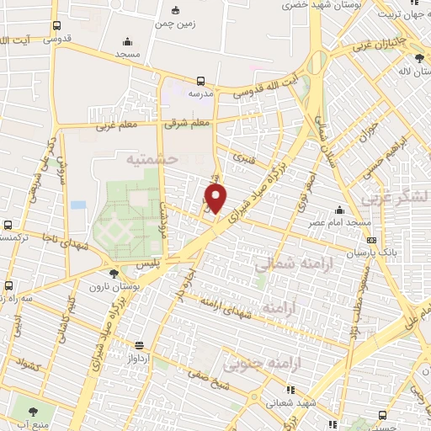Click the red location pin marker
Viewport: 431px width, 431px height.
pyautogui.click(x=216, y=199)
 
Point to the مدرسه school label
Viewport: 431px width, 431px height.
pyautogui.click(x=200, y=94)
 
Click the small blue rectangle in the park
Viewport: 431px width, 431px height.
pyautogui.click(x=78, y=205)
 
